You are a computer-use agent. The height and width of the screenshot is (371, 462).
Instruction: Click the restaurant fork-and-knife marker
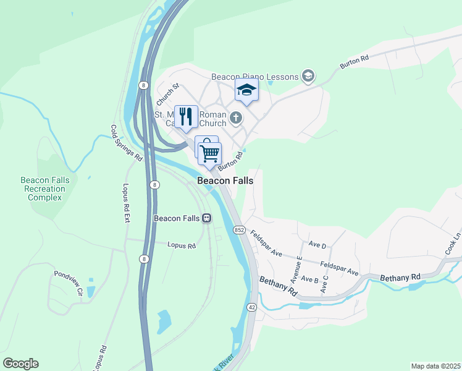[185, 116]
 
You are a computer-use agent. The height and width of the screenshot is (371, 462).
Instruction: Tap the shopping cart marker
[211, 152]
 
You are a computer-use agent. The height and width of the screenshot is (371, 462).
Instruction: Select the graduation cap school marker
[246, 90]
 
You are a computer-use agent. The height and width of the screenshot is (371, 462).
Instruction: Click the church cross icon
[235, 117]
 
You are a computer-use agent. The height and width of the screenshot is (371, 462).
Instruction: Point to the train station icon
[207, 218]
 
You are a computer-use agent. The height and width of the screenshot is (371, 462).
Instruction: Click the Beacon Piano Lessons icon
[308, 77]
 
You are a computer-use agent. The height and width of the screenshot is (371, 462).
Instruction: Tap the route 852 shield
[240, 230]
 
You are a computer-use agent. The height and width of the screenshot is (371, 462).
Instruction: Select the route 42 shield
[251, 307]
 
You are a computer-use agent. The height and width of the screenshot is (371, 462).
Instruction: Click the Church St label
[167, 95]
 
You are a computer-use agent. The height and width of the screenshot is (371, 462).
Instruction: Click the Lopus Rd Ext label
[126, 202]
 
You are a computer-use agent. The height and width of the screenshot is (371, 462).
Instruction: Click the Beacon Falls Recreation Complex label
[44, 189]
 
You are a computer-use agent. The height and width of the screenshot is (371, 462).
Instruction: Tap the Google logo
[20, 364]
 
